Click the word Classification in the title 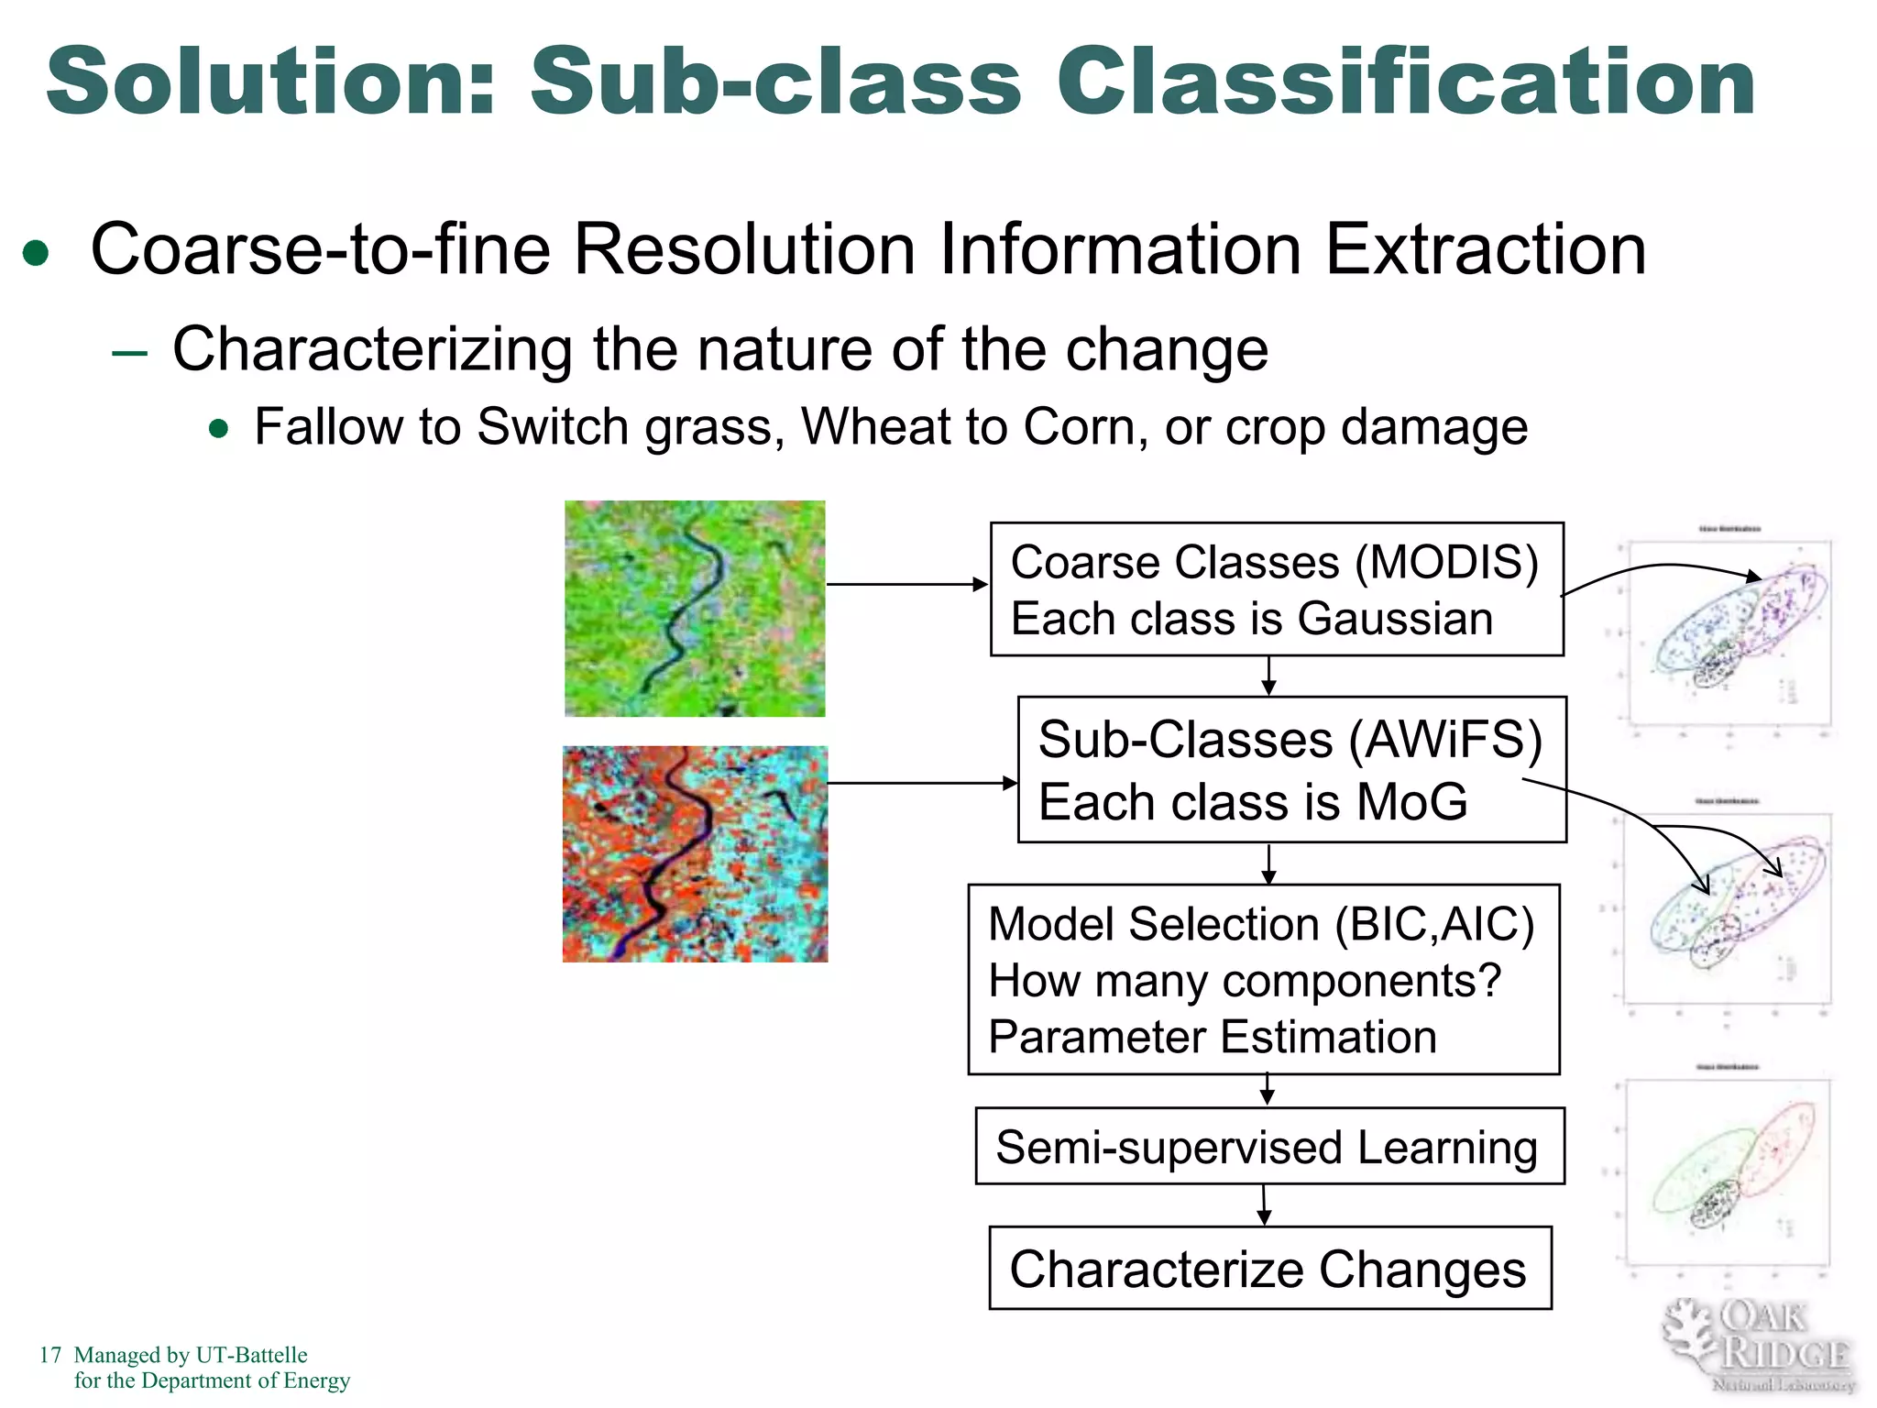(x=1407, y=82)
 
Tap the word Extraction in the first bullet (x=1485, y=249)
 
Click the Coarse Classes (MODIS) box (x=1276, y=588)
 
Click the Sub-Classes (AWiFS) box (x=1290, y=769)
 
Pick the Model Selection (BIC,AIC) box (x=1263, y=979)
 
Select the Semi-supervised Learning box (x=1268, y=1146)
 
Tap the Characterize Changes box (x=1269, y=1268)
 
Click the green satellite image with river (x=695, y=608)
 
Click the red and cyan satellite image (x=695, y=853)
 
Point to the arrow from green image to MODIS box (x=906, y=584)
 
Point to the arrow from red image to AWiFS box (x=921, y=783)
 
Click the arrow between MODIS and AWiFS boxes (x=1268, y=676)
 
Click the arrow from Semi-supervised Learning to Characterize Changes (x=1265, y=1204)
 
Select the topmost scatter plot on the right (x=1728, y=632)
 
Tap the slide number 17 (x=49, y=1355)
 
